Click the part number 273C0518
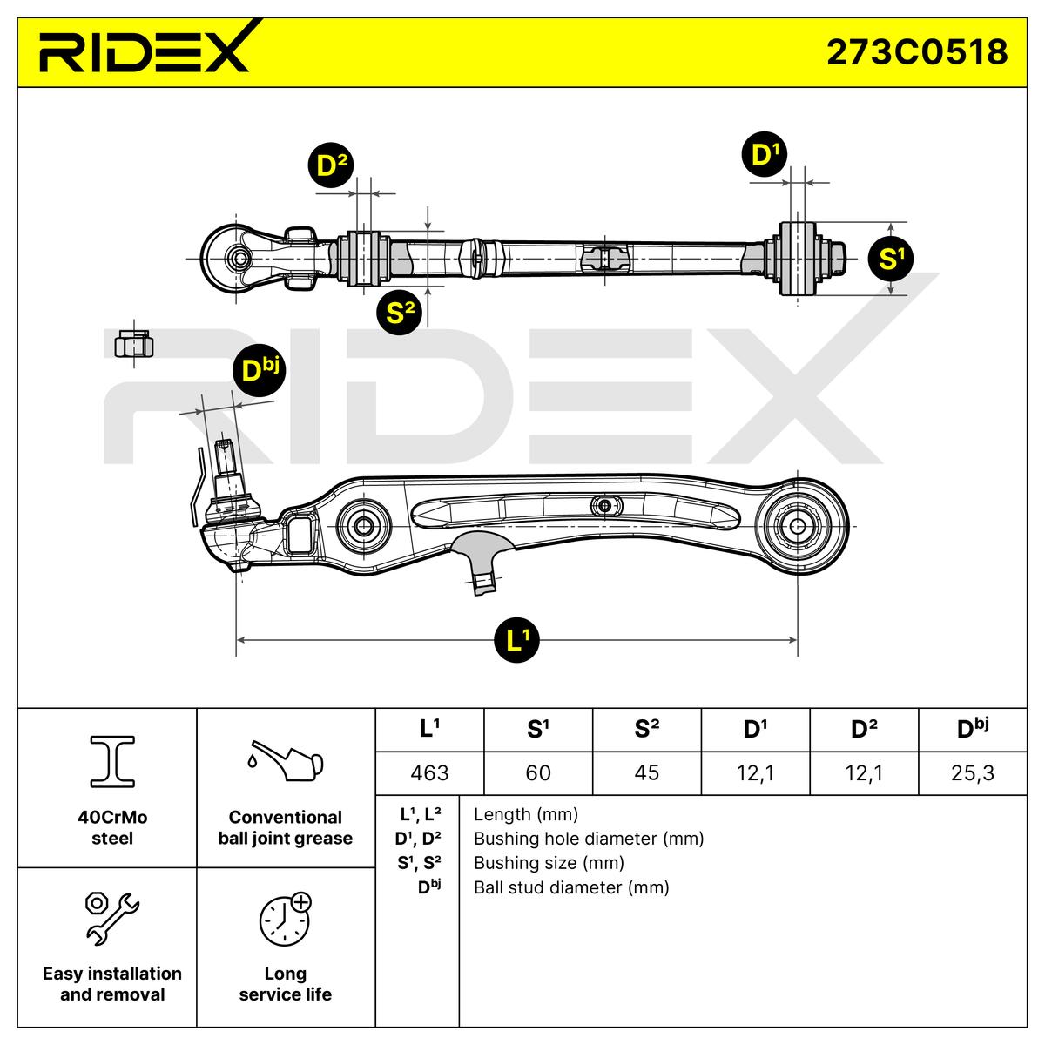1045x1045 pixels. (x=916, y=52)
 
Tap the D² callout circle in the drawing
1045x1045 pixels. (x=331, y=165)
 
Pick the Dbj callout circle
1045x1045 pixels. (x=259, y=371)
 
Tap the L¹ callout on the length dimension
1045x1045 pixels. (x=517, y=641)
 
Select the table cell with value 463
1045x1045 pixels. (x=429, y=772)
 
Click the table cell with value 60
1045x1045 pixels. (x=538, y=772)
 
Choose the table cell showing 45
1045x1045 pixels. (x=647, y=772)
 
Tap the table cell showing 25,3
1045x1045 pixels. (x=973, y=772)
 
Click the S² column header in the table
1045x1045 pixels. (x=647, y=730)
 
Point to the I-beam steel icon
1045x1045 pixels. (x=112, y=759)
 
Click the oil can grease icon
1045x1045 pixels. (x=285, y=760)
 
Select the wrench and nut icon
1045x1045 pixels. (x=111, y=918)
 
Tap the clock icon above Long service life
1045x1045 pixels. (x=285, y=919)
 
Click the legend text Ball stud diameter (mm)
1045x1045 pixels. (x=571, y=887)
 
